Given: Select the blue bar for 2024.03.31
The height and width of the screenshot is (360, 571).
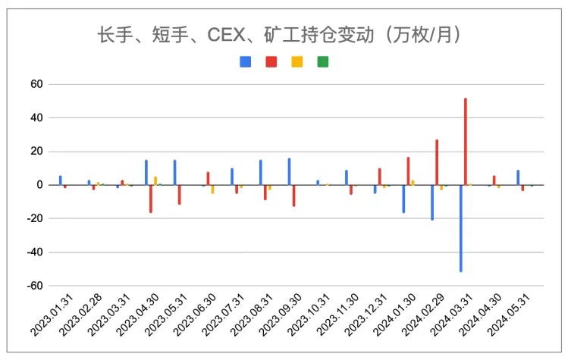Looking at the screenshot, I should (x=460, y=227).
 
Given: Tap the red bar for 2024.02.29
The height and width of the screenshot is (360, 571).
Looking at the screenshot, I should (x=437, y=161).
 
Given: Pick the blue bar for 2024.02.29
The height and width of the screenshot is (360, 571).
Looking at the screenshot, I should (x=432, y=202).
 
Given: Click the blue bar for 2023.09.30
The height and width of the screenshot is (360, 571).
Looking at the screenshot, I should (x=289, y=171).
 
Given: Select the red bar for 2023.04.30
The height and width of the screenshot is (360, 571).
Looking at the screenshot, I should (x=151, y=199).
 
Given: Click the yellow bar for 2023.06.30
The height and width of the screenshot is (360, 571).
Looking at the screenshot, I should (x=212, y=189).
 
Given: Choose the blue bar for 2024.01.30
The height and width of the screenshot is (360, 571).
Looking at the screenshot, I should (x=403, y=199).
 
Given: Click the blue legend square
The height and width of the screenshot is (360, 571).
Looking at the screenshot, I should (x=245, y=61).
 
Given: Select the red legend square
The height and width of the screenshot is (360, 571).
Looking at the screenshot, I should (x=271, y=61).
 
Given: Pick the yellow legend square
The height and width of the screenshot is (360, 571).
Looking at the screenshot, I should (x=296, y=61).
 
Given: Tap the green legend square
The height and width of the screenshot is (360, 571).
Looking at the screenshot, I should (x=322, y=61).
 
